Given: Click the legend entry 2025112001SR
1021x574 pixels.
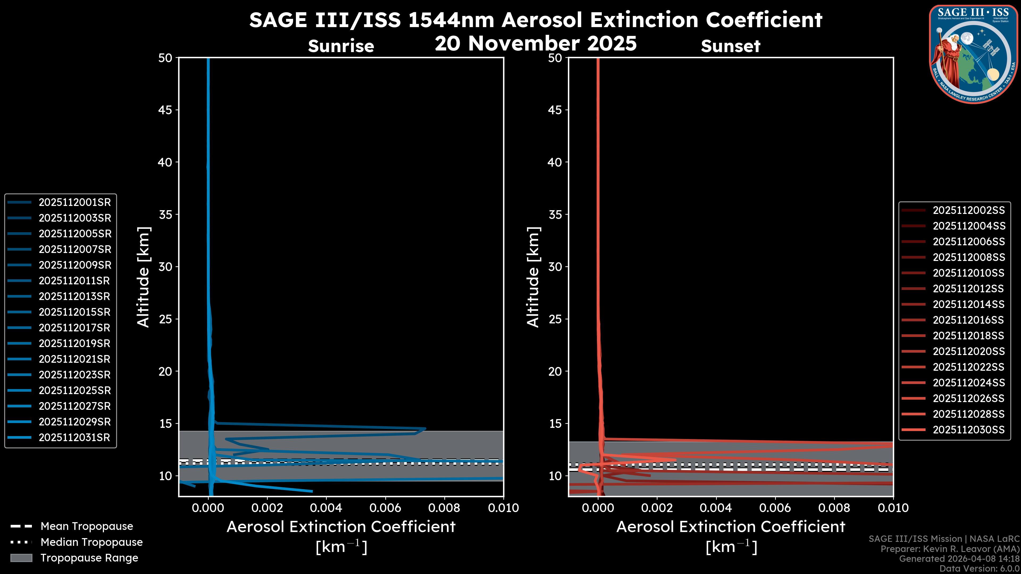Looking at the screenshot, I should coord(74,202).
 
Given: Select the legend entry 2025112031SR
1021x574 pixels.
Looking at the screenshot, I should coord(74,438).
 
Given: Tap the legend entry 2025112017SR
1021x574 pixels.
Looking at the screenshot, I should coord(74,328).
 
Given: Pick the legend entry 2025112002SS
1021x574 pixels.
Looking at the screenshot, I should coord(969,210).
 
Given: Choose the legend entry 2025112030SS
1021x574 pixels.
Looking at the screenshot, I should coord(969,430).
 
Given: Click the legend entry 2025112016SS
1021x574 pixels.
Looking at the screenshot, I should coord(969,320).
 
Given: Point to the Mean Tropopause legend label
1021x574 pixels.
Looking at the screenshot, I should coord(87,526).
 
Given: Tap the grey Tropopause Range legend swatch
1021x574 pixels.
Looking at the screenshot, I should coord(21,558).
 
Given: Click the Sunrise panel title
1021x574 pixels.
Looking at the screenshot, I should coord(341,46).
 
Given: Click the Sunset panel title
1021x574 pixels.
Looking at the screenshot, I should coord(730,46).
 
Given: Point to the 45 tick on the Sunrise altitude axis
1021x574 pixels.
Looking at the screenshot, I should coord(166,110).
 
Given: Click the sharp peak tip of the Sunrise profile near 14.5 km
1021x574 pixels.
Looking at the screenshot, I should coord(425,428).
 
